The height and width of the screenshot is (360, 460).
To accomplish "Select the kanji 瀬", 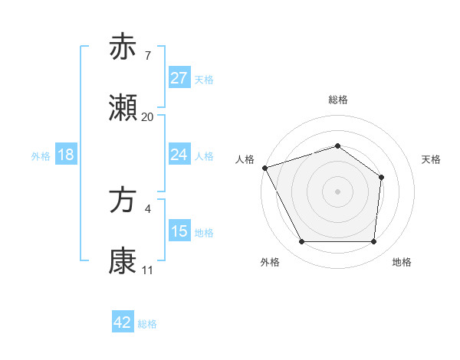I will [x=123, y=108].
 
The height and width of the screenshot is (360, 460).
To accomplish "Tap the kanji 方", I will [x=123, y=201].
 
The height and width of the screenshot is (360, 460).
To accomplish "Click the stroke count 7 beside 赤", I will [x=148, y=55].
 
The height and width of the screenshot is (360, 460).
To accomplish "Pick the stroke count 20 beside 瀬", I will [x=148, y=117].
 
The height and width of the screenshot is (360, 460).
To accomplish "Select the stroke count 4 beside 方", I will [x=148, y=208].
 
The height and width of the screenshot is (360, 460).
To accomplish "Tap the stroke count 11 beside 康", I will [x=148, y=270].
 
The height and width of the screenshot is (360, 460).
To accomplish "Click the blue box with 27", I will [x=179, y=77].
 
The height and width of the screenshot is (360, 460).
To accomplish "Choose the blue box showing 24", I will [x=179, y=155].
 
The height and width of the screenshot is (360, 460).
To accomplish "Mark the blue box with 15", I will [x=179, y=231].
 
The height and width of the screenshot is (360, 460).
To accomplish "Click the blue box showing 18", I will [x=66, y=155].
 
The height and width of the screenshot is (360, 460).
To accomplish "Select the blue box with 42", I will [x=123, y=322].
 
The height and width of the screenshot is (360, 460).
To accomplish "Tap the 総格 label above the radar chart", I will [x=338, y=100].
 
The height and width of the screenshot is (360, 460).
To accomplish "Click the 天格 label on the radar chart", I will [x=432, y=159].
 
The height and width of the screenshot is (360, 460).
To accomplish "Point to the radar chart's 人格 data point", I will [x=264, y=168].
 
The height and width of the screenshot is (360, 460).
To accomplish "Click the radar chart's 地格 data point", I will [x=374, y=242].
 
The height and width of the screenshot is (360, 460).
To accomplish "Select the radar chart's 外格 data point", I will [x=301, y=242].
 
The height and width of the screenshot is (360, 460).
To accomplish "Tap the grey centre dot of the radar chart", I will [x=338, y=191].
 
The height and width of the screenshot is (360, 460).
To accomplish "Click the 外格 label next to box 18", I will [x=41, y=155].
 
